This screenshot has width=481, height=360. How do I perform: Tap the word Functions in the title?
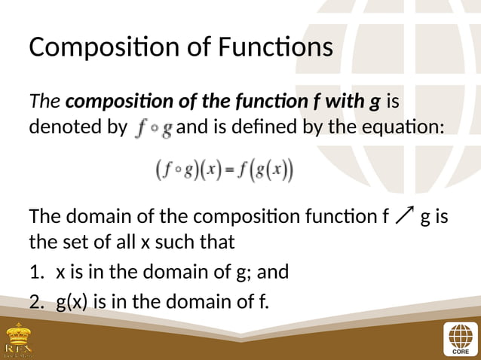[274, 47]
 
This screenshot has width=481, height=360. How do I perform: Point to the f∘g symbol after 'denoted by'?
[154, 129]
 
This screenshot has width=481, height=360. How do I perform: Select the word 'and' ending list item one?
[272, 271]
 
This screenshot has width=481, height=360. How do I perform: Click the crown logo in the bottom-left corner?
[19, 340]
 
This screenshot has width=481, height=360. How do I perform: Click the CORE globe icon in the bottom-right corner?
[459, 338]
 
